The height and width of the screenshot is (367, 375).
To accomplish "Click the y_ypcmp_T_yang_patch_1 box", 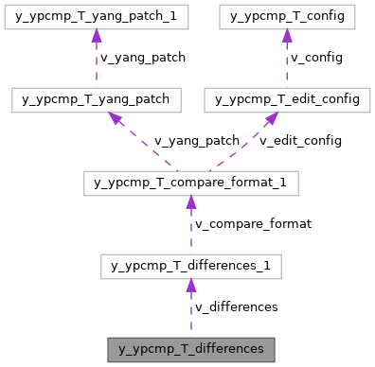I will (x=96, y=16).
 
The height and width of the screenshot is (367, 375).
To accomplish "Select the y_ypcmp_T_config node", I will (x=286, y=16).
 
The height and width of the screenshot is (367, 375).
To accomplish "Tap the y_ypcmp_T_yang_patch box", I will (x=96, y=99).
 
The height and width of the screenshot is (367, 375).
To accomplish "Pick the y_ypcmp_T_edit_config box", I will (x=286, y=99).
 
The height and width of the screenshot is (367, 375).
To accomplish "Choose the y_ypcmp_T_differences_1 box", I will (x=190, y=266).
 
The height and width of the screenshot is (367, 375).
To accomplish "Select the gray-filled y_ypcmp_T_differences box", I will (x=190, y=349).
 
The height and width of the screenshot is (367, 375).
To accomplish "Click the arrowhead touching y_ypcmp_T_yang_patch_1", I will (x=96, y=35).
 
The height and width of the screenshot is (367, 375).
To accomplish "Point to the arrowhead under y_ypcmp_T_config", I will (x=286, y=35).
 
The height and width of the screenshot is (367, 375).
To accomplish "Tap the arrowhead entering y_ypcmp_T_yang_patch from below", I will (x=115, y=117).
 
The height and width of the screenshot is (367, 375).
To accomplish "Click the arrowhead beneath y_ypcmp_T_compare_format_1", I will (x=190, y=201).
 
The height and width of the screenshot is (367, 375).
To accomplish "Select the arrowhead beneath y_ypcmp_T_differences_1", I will (x=190, y=285).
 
